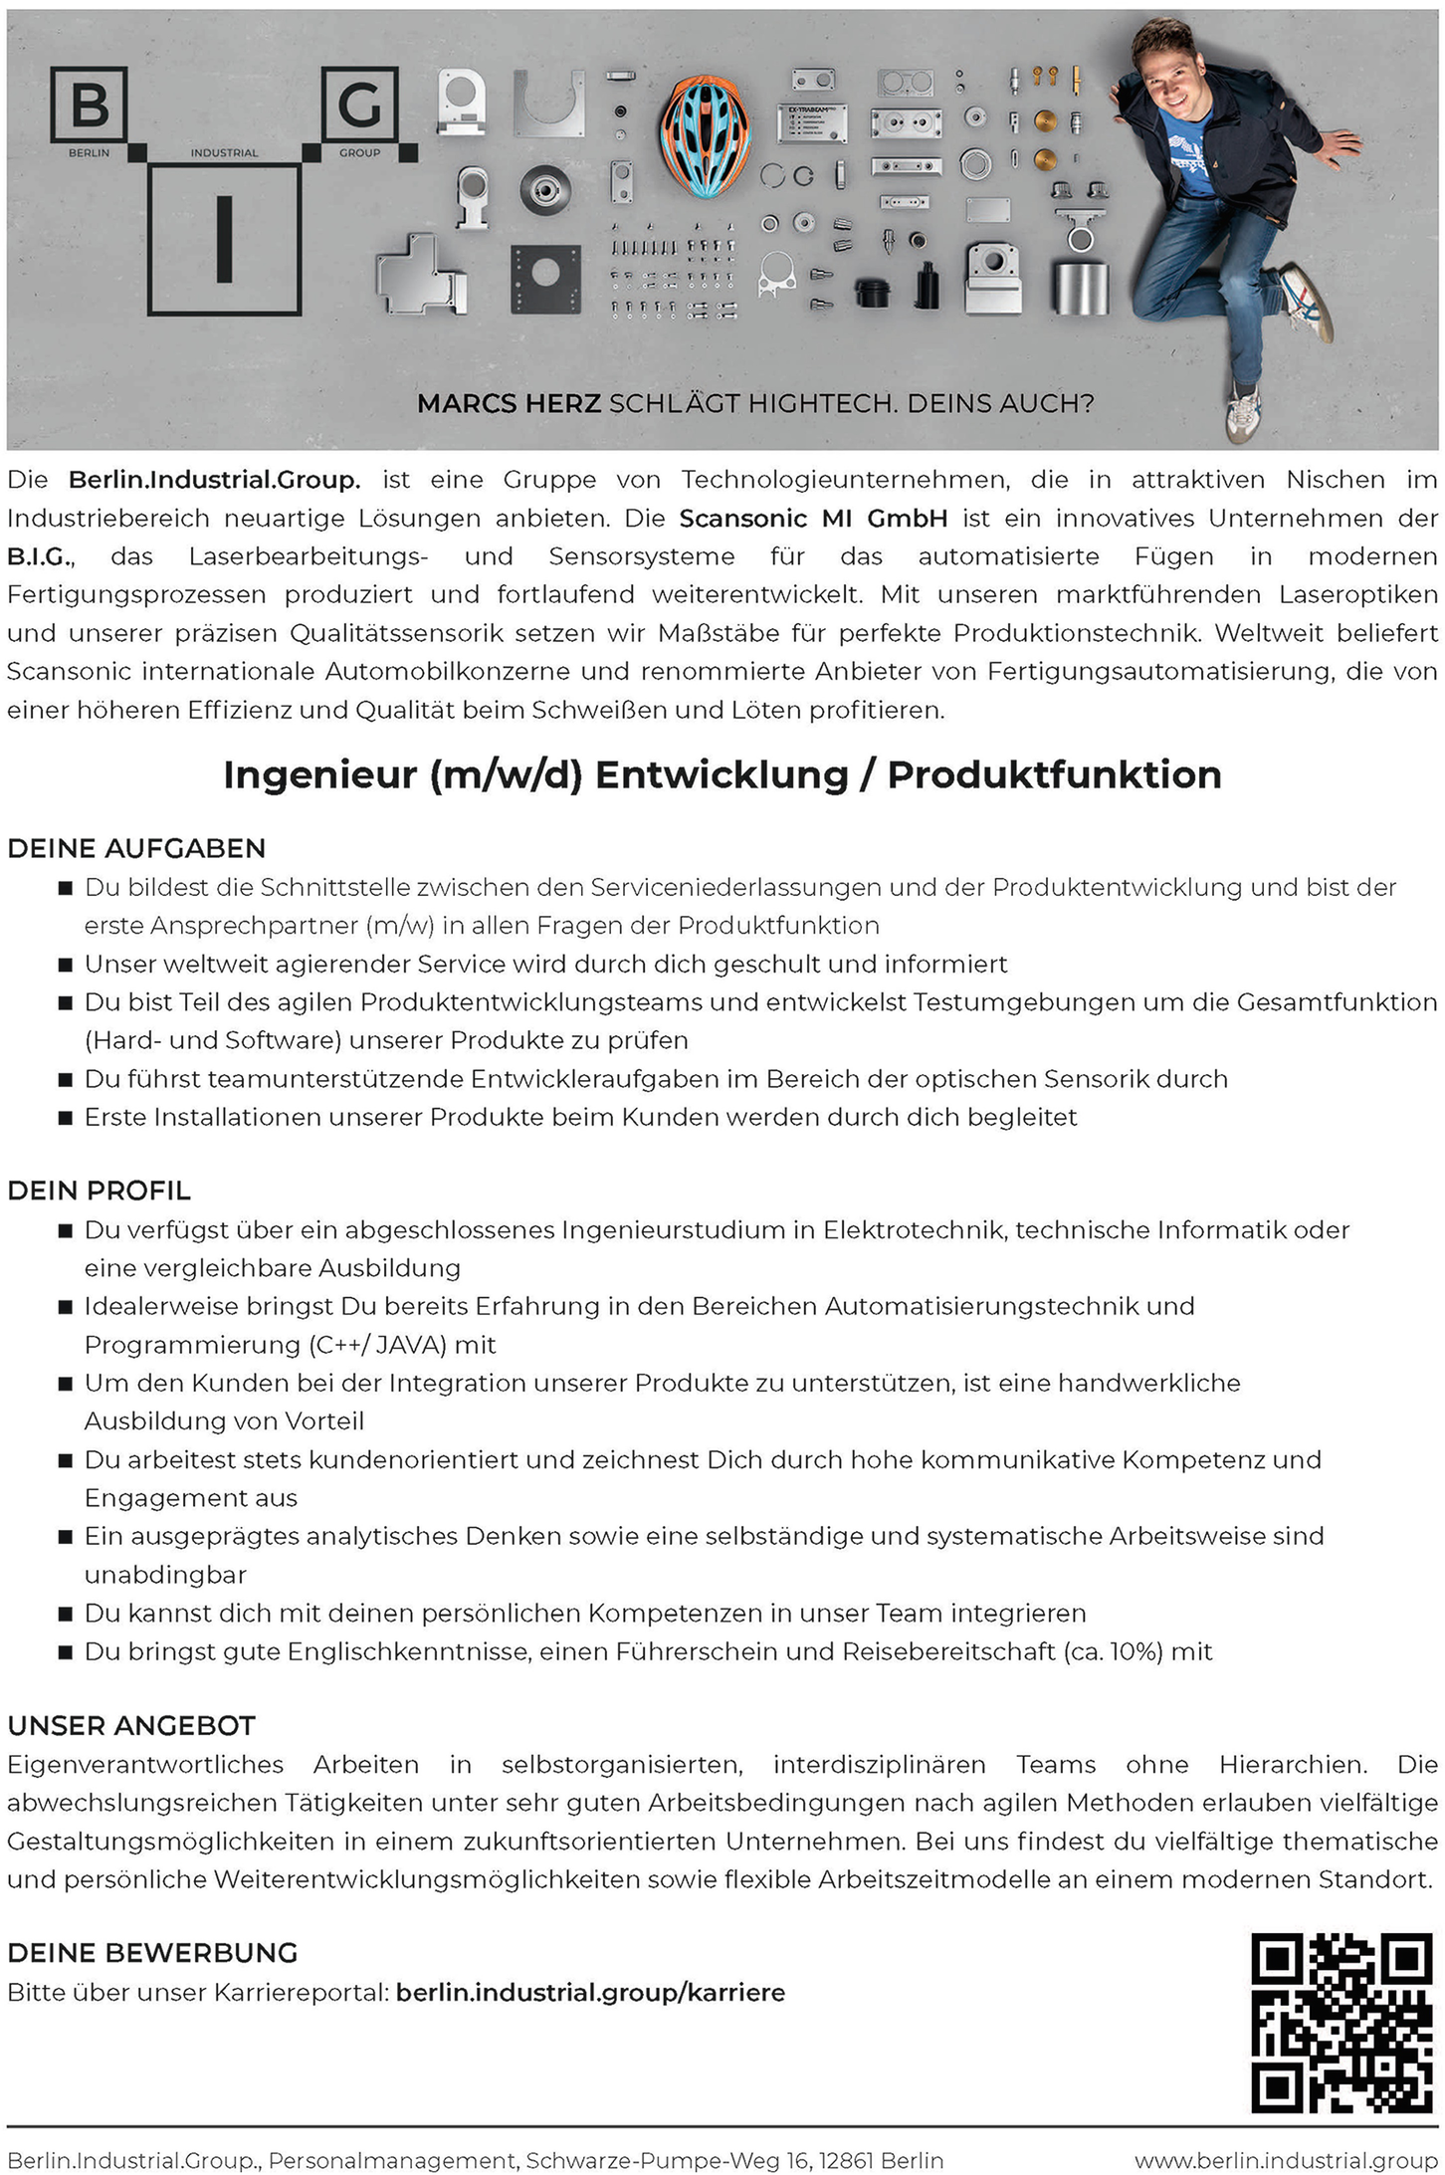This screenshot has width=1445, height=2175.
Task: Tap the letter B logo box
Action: pos(90,105)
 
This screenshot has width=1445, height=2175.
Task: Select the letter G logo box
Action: pos(359,104)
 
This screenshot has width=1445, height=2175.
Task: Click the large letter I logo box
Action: pos(224,239)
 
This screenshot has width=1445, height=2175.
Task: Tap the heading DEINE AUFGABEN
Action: pos(136,848)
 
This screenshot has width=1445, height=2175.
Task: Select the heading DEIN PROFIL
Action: pos(99,1191)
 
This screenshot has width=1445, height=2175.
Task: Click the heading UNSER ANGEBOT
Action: pos(131,1725)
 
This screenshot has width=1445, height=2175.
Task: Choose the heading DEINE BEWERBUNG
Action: pos(152,1952)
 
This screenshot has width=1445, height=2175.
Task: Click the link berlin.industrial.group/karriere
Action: pos(590,1992)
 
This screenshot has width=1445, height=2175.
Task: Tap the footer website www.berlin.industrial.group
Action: pos(1286,2160)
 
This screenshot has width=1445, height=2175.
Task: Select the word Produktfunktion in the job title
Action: pos(1054,774)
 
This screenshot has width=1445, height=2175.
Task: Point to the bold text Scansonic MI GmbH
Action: pos(813,519)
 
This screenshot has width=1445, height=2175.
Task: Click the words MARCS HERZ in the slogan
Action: pos(509,404)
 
